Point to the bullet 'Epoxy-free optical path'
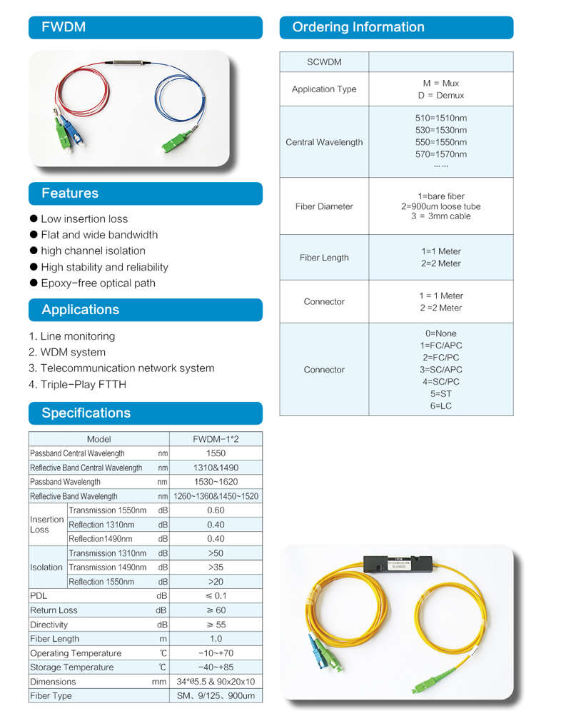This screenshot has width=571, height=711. (98, 283)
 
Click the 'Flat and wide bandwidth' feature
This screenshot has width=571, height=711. (99, 235)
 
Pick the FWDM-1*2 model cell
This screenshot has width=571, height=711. (216, 439)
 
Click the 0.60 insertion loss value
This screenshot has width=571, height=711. (216, 510)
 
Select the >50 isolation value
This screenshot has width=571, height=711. (216, 553)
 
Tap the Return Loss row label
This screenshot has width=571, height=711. (54, 610)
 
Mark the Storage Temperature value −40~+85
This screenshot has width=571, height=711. (216, 667)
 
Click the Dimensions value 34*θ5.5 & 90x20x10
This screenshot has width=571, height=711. (216, 682)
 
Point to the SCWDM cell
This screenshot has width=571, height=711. (324, 62)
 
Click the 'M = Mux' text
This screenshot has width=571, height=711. (440, 83)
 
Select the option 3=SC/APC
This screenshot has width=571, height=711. (440, 370)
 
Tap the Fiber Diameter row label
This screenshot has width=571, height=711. (324, 206)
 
